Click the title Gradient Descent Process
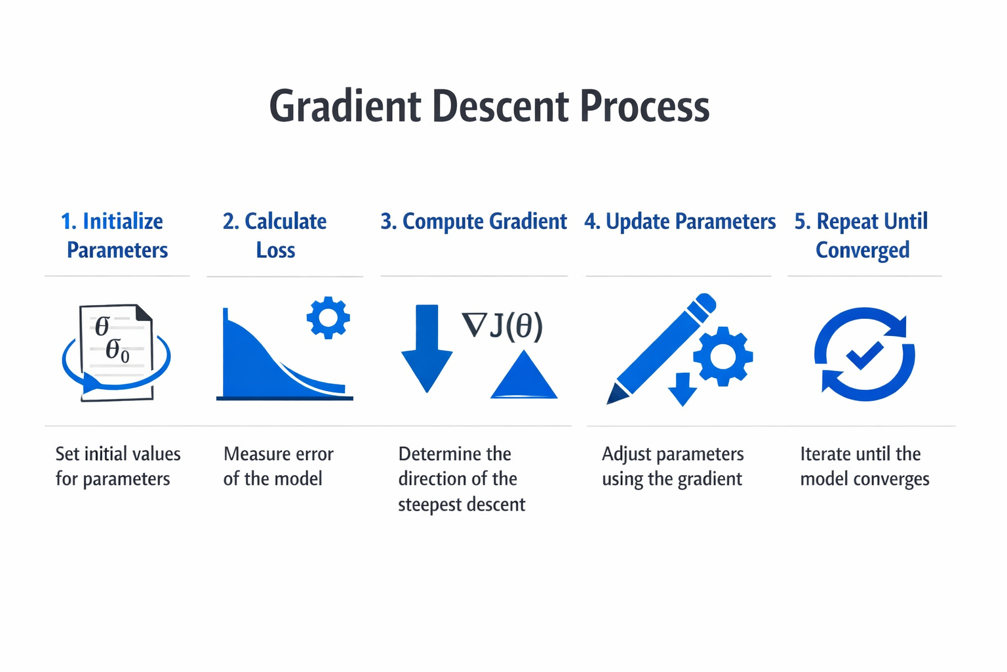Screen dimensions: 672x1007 pos(489,106)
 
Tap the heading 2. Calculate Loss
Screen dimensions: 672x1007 pos(275,235)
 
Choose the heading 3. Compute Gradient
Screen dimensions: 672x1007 pos(473,222)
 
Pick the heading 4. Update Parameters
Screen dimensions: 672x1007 pos(680,222)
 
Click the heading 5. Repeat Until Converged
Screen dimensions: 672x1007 pos(861,235)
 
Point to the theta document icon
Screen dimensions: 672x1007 pos(117,351)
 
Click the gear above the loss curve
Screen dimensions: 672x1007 pos(328,318)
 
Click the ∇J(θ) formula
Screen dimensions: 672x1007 pos(503,325)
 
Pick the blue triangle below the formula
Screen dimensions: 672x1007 pos(524,377)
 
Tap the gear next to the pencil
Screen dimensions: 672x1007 pos(722,356)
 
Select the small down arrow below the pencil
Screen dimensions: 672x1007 pos(682,389)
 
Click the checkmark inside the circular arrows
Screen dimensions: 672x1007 pos(864,355)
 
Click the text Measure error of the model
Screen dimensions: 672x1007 pos(278,466)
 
